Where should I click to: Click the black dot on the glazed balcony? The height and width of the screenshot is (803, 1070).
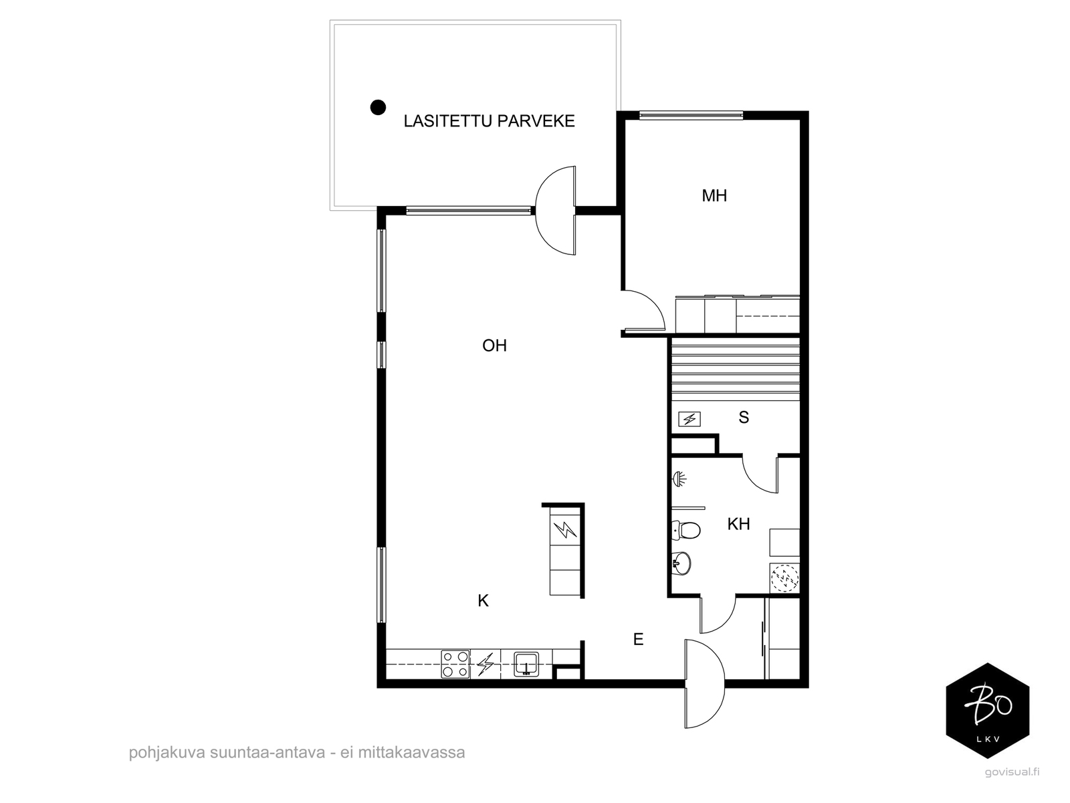tap(378, 107)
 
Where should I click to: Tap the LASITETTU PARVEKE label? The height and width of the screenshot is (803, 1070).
tap(489, 121)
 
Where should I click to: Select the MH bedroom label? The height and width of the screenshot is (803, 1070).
tap(714, 195)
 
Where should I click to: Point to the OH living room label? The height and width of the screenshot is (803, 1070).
tap(494, 346)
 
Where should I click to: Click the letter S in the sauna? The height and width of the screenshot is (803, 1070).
tap(744, 418)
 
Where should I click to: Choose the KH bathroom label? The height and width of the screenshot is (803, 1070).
tap(738, 524)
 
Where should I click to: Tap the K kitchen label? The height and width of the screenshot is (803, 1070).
tap(483, 601)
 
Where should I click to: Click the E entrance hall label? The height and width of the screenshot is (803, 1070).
tap(638, 639)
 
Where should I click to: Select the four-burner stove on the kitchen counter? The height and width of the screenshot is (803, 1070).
tap(455, 664)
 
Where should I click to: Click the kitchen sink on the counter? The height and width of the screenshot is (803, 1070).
tap(526, 664)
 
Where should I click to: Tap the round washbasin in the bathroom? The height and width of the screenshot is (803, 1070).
tap(681, 563)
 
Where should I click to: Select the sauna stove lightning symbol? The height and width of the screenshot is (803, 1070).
tap(689, 419)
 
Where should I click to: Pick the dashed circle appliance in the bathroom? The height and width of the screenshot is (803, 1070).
tap(784, 578)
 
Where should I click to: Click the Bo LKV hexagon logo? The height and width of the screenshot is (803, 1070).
tap(988, 711)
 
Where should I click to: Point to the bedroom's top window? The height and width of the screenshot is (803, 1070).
tap(691, 116)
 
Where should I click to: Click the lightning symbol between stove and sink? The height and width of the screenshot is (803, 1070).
tap(485, 664)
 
